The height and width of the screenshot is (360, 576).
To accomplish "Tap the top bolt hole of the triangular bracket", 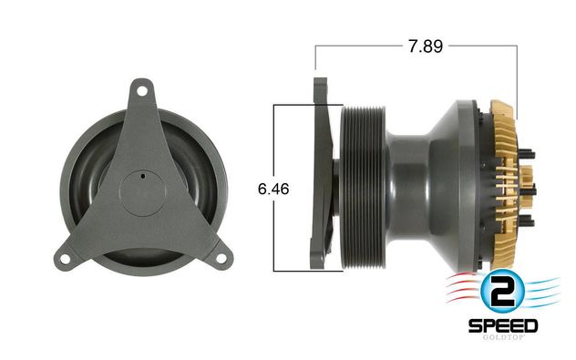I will [x=139, y=90].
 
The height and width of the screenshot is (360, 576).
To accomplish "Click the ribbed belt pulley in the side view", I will [x=363, y=188].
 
